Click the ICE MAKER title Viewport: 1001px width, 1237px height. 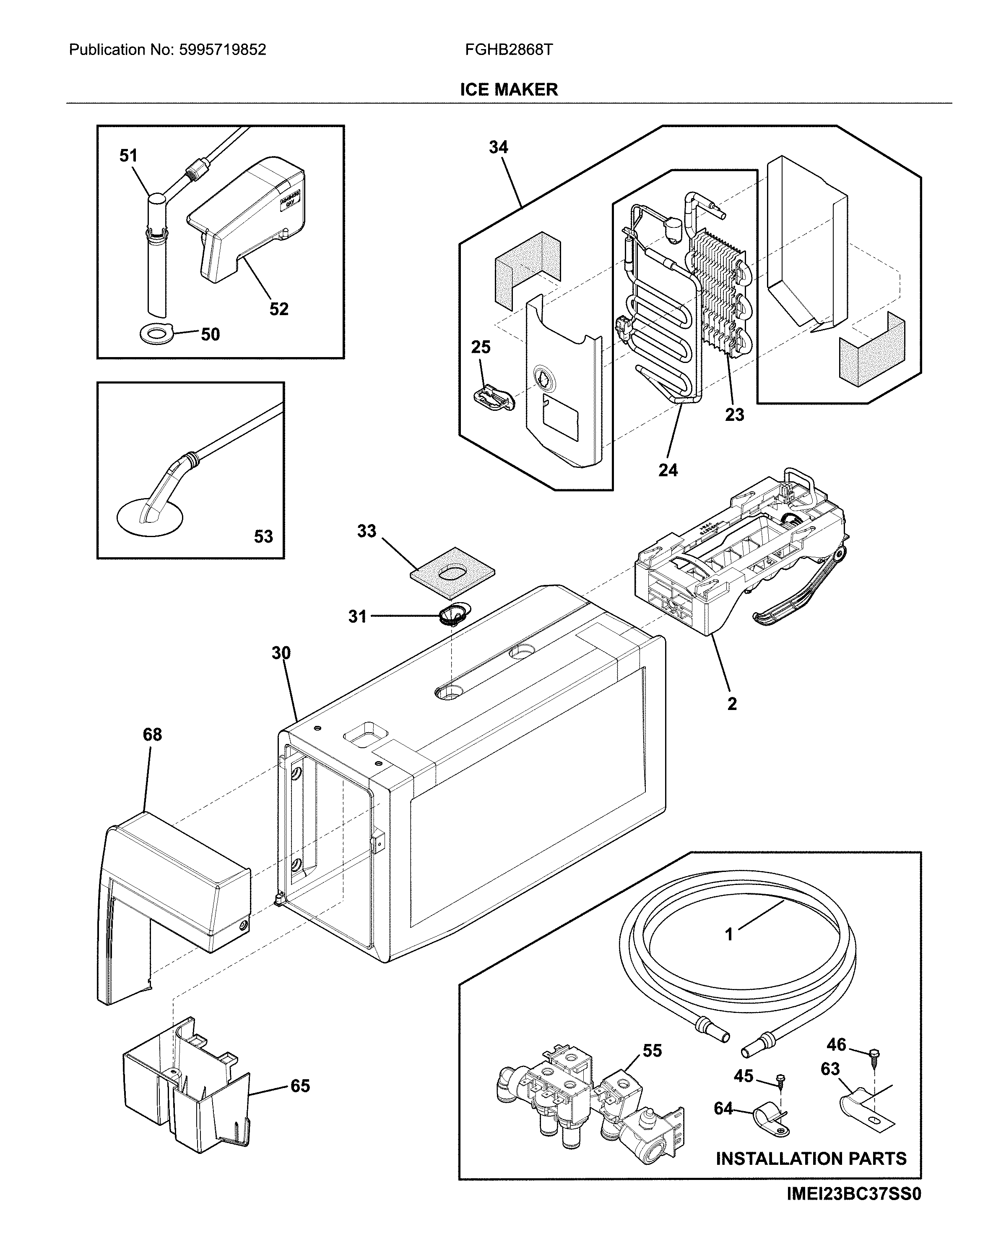point(509,89)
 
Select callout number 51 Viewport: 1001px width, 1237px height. point(129,156)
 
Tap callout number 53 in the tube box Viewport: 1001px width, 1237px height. point(263,537)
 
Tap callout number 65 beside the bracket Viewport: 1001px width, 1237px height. point(300,1086)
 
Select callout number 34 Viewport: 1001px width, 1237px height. point(498,148)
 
